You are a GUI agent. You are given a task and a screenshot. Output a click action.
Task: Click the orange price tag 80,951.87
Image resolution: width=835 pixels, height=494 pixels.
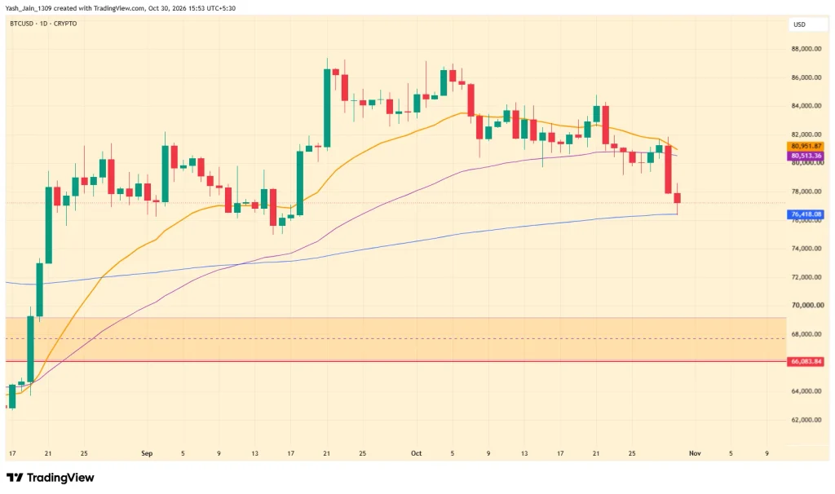point(805,146)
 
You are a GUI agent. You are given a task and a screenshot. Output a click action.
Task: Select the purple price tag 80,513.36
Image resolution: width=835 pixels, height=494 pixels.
point(805,156)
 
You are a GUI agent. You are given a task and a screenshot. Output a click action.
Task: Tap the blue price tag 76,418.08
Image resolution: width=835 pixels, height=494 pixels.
point(805,214)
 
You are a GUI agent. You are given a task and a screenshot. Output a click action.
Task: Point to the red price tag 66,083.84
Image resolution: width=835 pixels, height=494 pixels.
point(805,361)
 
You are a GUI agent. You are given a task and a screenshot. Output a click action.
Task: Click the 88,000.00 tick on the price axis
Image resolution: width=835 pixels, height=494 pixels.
point(806,49)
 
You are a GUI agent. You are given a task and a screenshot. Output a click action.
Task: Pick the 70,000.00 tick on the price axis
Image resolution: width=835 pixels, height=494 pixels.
point(806,306)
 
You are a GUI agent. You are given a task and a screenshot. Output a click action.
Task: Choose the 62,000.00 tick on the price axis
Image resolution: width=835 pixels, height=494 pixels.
point(806,420)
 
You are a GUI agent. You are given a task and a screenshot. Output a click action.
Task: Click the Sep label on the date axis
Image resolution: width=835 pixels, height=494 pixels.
point(147,453)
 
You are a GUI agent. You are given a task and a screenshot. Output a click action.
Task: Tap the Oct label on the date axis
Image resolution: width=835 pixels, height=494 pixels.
point(417,453)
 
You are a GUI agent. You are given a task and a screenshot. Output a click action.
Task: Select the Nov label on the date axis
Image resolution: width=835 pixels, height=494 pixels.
point(695,453)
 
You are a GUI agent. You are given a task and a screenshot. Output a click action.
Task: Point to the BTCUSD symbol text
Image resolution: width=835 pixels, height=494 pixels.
point(22,24)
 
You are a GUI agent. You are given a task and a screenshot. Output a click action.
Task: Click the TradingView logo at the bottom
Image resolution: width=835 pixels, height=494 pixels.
point(50,478)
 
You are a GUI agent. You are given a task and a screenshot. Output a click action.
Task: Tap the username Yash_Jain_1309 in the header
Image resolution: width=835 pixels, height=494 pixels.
point(28,8)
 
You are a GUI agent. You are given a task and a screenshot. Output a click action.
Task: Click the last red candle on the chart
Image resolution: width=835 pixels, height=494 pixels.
point(678,198)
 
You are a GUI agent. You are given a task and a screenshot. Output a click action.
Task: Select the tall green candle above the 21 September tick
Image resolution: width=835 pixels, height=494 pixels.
point(327,108)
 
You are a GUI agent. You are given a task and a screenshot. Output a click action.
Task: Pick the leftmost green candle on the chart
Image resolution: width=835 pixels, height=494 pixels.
point(12,396)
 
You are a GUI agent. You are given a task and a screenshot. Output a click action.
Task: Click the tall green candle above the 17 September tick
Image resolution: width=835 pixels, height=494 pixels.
point(300,183)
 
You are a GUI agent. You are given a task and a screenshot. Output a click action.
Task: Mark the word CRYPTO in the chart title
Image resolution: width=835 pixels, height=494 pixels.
point(65,24)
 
